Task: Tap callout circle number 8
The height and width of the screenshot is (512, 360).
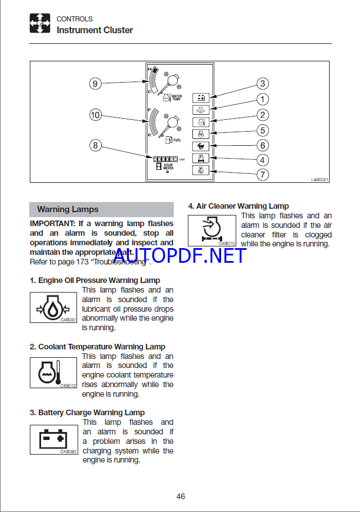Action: tap(95, 145)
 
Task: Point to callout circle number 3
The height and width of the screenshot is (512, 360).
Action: tap(263, 84)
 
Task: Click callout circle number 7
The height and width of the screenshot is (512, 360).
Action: tap(263, 175)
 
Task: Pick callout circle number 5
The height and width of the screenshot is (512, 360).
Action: tap(263, 130)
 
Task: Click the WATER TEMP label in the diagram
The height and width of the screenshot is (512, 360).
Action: tap(176, 97)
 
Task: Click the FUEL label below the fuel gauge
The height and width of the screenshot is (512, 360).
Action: tap(177, 140)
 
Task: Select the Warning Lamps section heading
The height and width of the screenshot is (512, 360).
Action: tap(67, 209)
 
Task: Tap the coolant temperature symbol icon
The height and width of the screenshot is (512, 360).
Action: tap(53, 373)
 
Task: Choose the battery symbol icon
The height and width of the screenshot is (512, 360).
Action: tap(53, 439)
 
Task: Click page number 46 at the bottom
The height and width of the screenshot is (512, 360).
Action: tap(181, 496)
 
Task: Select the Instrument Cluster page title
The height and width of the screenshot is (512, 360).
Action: tap(94, 30)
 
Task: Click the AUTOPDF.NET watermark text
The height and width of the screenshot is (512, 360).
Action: tap(180, 256)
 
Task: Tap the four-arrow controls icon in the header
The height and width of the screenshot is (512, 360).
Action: tap(40, 23)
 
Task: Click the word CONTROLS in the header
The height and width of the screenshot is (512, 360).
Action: tap(75, 19)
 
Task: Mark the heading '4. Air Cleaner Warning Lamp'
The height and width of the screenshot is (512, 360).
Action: tap(238, 206)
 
